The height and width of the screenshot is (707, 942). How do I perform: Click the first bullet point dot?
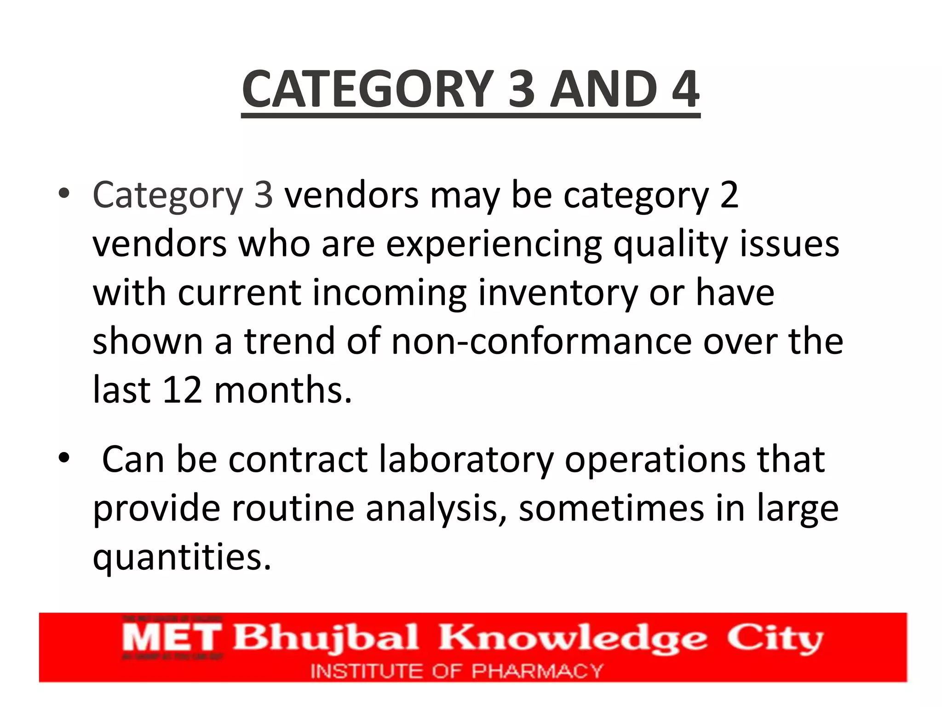tap(64, 193)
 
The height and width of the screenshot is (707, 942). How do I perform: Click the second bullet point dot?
tap(64, 458)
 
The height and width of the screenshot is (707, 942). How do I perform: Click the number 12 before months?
tap(182, 390)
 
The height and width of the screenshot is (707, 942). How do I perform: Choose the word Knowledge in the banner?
tap(573, 639)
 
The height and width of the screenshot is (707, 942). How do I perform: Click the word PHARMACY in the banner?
tap(537, 671)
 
